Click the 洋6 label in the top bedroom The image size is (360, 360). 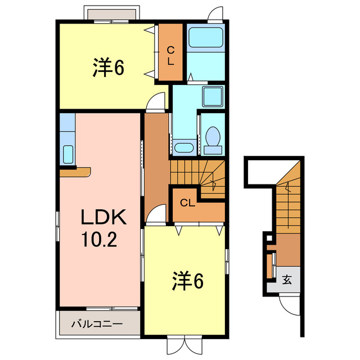[x=108, y=68]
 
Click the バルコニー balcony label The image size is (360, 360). [x=96, y=324]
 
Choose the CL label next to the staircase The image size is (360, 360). [x=188, y=203]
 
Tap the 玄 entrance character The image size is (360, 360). [x=287, y=280]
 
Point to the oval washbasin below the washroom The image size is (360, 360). [x=184, y=148]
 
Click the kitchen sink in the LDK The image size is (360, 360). [x=67, y=154]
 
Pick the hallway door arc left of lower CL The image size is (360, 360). [x=159, y=215]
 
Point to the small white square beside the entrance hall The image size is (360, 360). [x=269, y=239]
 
